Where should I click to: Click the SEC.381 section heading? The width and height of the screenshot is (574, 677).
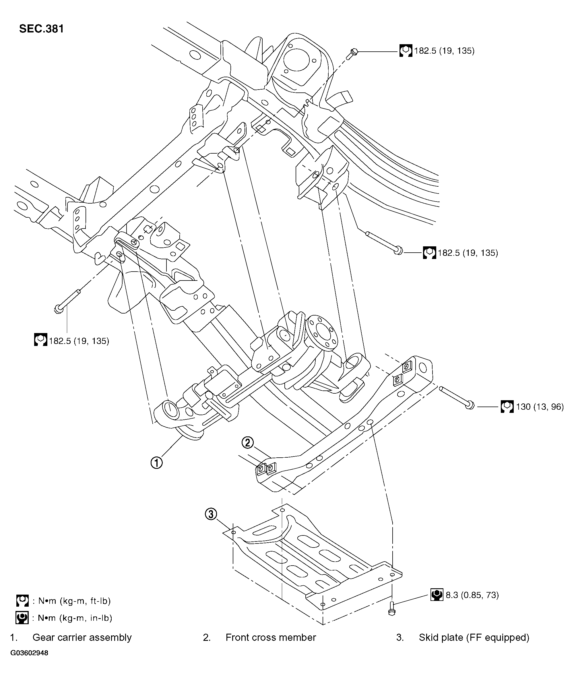point(41,29)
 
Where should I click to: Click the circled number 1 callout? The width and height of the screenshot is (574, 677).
point(156,463)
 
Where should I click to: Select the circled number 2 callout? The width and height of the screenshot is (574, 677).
point(247,442)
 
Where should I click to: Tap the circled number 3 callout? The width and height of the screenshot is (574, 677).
point(211,514)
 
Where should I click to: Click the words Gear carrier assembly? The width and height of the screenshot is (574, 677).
point(82,637)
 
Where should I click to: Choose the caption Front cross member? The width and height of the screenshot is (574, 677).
point(270,637)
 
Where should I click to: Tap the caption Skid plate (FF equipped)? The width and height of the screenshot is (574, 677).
point(474,637)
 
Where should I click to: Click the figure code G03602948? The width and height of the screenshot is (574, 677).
point(29,653)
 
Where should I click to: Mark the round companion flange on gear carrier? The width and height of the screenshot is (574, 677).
point(322,333)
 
